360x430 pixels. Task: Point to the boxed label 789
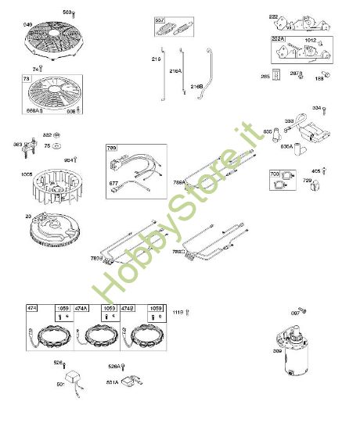[111, 147]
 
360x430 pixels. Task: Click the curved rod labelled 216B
[207, 73]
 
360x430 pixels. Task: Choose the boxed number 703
[275, 173]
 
